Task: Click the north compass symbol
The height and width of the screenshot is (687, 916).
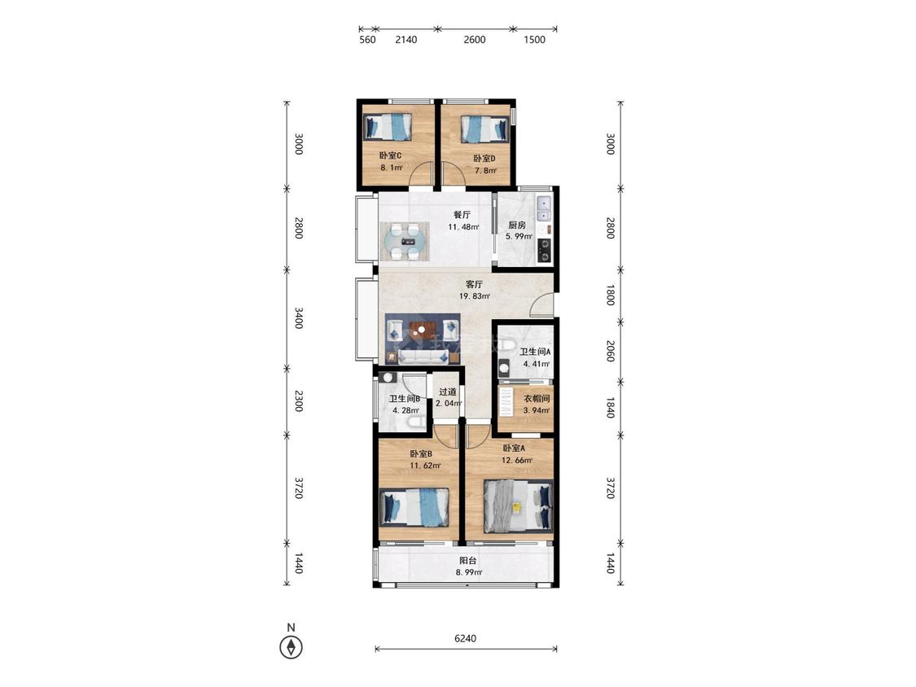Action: click(291, 646)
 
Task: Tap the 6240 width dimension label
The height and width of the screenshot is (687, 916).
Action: click(465, 638)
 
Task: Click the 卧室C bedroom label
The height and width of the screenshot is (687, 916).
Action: click(390, 155)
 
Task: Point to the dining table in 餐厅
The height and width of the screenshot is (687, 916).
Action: click(405, 241)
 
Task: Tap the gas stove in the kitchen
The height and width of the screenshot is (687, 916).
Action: click(545, 250)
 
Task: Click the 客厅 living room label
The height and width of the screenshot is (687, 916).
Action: click(475, 285)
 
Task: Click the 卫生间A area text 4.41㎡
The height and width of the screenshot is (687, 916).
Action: click(537, 363)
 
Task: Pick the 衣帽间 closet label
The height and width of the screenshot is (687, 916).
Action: click(537, 399)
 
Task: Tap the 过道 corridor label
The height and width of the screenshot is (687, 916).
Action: click(448, 392)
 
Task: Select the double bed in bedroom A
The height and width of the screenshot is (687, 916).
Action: click(518, 506)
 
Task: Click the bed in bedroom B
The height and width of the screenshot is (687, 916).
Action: click(414, 506)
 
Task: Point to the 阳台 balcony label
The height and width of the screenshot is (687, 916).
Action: click(468, 561)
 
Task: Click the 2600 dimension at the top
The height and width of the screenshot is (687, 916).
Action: click(475, 40)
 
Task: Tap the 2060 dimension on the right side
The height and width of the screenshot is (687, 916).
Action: click(610, 351)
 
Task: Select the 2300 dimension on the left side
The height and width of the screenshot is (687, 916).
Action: click(299, 401)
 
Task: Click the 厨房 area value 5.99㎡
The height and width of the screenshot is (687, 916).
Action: click(519, 237)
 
